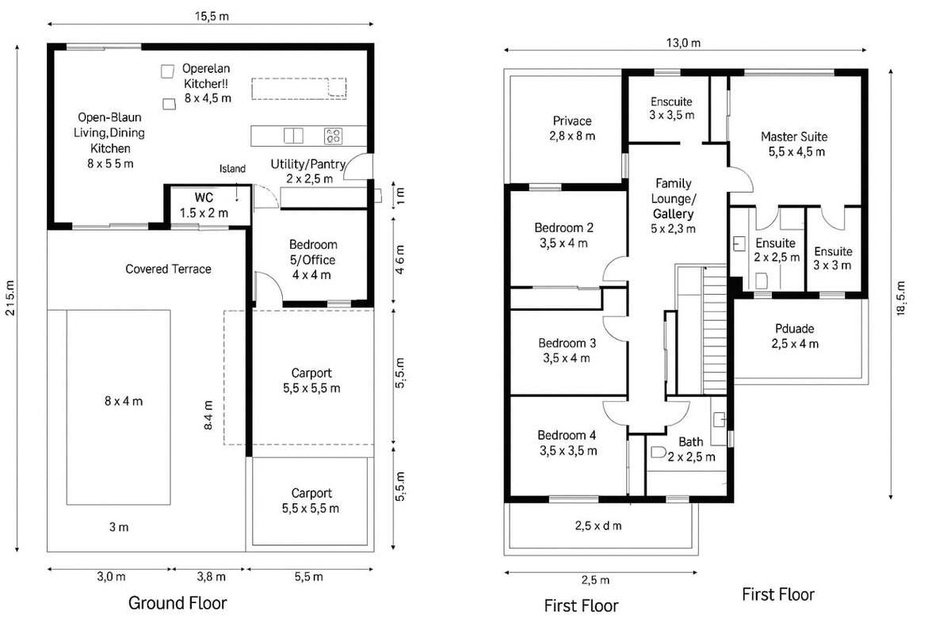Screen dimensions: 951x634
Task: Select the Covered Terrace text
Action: point(168,269)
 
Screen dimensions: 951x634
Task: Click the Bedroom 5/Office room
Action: point(312,259)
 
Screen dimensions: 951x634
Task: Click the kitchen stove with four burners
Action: point(333,136)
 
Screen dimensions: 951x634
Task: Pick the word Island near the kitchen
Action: point(232,169)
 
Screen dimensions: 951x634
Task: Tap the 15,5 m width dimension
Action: point(212,17)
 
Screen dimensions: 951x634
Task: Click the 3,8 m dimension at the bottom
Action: point(211,577)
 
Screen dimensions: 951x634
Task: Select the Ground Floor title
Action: point(178,603)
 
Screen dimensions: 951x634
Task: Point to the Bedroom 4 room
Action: point(568,446)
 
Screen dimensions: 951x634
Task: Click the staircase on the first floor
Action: point(715,330)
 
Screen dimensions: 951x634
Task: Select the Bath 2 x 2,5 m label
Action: point(691,449)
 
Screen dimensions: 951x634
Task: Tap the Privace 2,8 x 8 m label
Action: point(572,128)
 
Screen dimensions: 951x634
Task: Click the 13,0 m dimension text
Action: point(683,43)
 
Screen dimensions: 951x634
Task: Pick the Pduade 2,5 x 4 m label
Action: point(795,336)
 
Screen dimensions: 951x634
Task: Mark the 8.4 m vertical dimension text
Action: point(208,415)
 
